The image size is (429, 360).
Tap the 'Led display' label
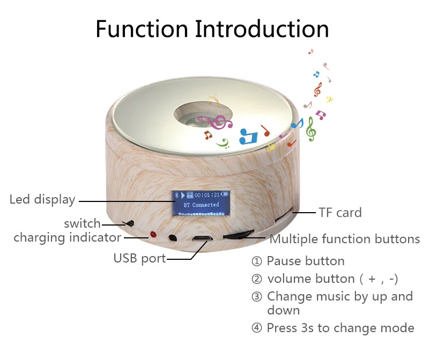[x=42, y=200]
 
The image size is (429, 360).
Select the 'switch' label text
[x=82, y=223]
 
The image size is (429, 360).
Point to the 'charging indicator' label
[x=67, y=237]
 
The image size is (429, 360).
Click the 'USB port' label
[x=139, y=258]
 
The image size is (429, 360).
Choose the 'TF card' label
[x=340, y=213]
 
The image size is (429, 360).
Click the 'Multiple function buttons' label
[x=344, y=239]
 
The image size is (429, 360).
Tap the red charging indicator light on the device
[x=153, y=235]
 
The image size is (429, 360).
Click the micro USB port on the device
[x=203, y=239]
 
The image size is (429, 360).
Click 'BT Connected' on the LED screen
[x=201, y=205]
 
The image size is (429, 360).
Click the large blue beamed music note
[x=248, y=136]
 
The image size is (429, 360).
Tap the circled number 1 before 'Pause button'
[x=257, y=261]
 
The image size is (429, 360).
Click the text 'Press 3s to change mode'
[x=340, y=328]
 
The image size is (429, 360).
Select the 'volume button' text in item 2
[x=310, y=279]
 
